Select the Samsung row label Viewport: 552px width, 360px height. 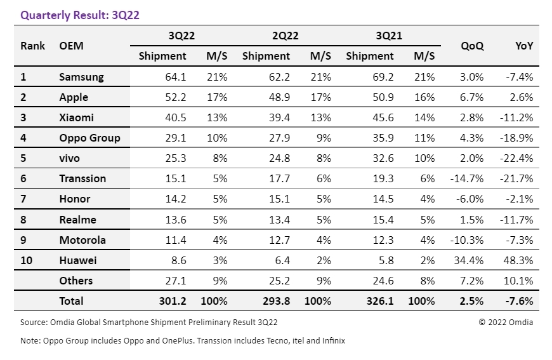[81, 77]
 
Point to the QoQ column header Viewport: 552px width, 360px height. [472, 46]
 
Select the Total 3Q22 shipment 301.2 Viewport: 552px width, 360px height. [173, 301]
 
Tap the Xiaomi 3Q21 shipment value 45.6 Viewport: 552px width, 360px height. [383, 118]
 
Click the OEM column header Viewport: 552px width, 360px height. [71, 46]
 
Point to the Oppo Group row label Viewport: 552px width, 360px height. [89, 138]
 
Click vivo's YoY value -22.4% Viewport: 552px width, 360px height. [518, 159]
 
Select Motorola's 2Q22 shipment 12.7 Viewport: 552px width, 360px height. [279, 240]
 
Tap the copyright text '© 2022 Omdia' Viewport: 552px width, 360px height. [506, 323]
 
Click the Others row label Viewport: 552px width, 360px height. [76, 281]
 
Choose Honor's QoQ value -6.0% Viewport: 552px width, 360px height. [470, 199]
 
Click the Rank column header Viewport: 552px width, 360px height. [32, 46]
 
